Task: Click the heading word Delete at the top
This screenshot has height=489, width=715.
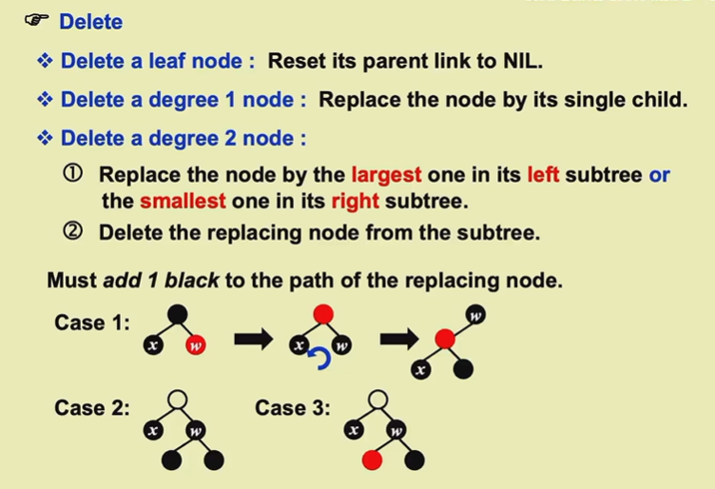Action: coord(90,21)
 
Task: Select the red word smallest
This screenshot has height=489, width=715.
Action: coord(183,201)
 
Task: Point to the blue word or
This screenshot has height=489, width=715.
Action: coord(659,175)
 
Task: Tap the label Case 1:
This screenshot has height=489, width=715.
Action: coord(92,323)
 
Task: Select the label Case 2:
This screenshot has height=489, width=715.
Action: coord(92,408)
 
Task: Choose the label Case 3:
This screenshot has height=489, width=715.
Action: coord(293,408)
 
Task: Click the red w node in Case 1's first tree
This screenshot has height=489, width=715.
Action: coord(196,344)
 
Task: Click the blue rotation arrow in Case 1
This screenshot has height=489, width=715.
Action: coord(321,357)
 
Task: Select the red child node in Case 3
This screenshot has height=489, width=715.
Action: coord(371,460)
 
